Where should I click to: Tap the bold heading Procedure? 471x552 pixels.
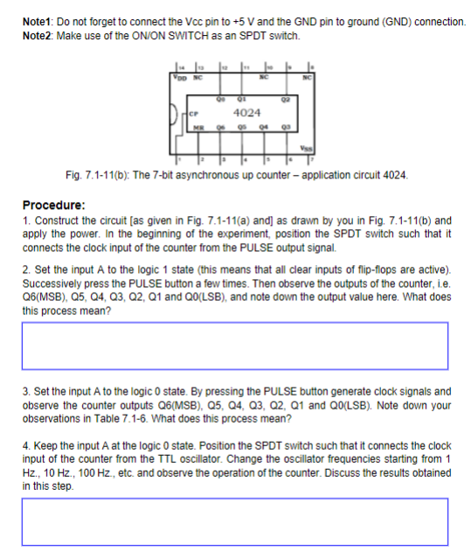(53, 205)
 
